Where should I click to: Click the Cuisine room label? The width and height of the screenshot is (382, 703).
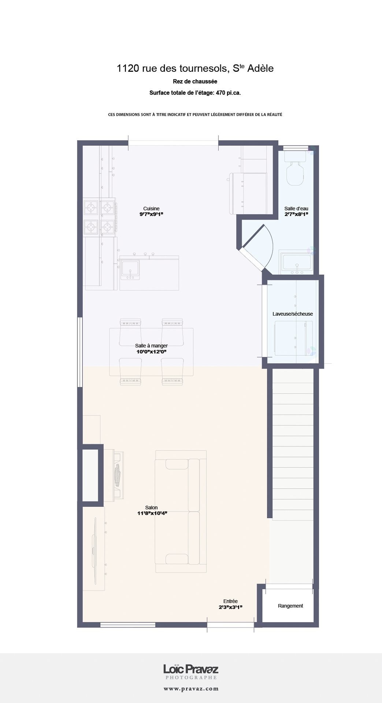tap(151, 209)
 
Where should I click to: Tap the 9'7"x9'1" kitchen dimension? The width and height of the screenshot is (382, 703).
tap(151, 214)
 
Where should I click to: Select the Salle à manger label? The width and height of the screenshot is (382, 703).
tap(151, 346)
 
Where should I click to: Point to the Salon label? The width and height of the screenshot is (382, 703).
tap(151, 507)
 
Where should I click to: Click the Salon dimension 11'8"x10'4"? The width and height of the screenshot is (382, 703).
tap(152, 513)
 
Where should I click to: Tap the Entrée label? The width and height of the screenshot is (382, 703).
tap(230, 601)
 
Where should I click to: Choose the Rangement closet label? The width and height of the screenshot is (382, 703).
tap(290, 606)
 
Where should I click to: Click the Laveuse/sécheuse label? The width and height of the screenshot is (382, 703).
tap(293, 314)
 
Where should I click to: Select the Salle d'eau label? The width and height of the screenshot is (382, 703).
tap(296, 209)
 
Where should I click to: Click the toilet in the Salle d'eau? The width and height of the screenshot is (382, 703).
tap(295, 168)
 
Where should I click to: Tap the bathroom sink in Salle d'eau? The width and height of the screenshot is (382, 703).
tap(296, 262)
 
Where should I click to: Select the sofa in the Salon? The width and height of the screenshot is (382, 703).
tap(181, 512)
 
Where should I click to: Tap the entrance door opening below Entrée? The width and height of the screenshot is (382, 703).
tap(230, 625)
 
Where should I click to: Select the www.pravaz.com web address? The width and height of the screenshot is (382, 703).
tap(191, 689)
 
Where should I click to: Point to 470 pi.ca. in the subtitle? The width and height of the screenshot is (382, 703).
tap(228, 93)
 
